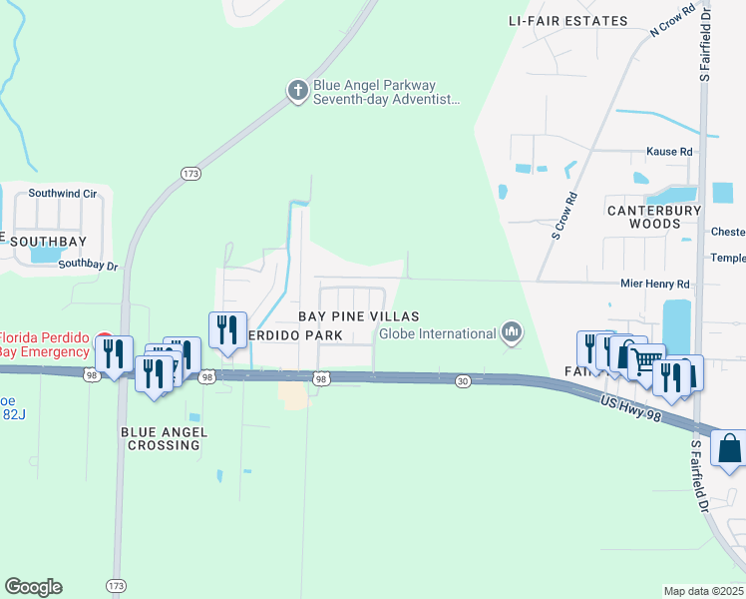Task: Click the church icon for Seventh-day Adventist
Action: [297, 92]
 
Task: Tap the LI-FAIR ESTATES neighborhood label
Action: [567, 21]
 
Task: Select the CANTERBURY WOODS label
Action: [654, 217]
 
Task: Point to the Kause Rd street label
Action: [669, 151]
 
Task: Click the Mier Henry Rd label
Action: [655, 284]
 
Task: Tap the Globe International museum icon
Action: [512, 331]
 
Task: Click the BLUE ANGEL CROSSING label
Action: [164, 438]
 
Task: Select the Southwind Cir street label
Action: [62, 193]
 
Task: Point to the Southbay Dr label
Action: [88, 266]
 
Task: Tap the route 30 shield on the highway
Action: [463, 380]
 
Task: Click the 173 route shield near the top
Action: [190, 174]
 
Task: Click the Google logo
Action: [33, 587]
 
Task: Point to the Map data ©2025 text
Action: [703, 591]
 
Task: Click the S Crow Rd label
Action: [565, 216]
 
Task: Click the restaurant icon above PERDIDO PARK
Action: [227, 329]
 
